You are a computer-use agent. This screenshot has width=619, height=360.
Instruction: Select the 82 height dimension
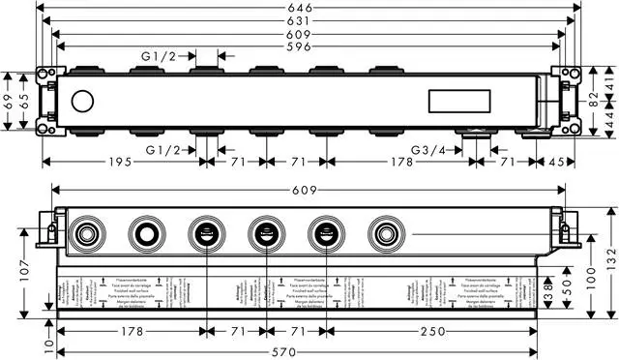pos(594,98)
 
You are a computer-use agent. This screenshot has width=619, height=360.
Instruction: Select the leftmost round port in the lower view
pos(86,232)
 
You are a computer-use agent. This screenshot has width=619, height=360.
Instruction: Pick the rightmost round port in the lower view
pos(384,232)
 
